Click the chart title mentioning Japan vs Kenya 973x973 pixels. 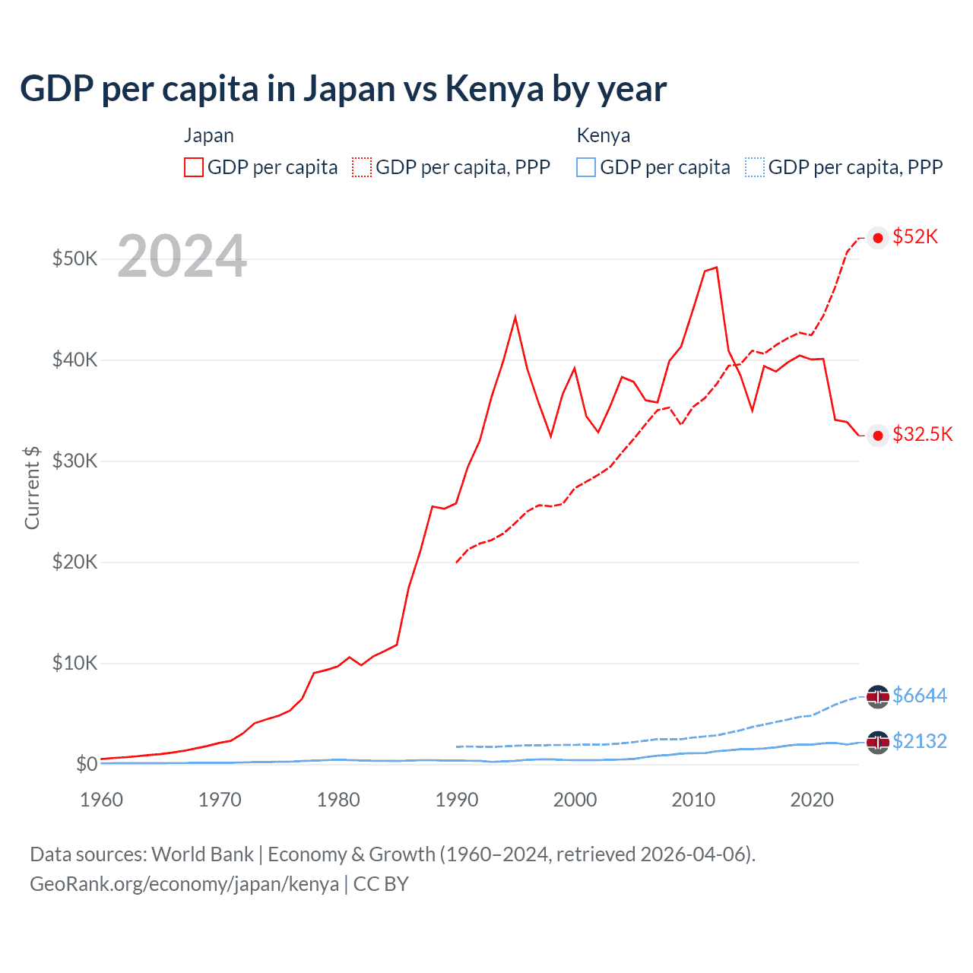pyautogui.click(x=343, y=89)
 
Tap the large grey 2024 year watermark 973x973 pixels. pyautogui.click(x=182, y=256)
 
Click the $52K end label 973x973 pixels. pyautogui.click(x=915, y=236)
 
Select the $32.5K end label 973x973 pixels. pyautogui.click(x=922, y=434)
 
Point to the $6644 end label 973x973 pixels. pyautogui.click(x=920, y=696)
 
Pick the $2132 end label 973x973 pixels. pyautogui.click(x=920, y=741)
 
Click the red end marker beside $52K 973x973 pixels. pyautogui.click(x=878, y=238)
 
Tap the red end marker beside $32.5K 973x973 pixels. pyautogui.click(x=878, y=435)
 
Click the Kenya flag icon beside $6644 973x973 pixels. pyautogui.click(x=878, y=696)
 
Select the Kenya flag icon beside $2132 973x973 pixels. pyautogui.click(x=878, y=742)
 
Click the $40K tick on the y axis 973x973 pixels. pyautogui.click(x=74, y=360)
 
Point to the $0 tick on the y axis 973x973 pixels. pyautogui.click(x=86, y=764)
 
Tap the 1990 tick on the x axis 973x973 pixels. pyautogui.click(x=457, y=800)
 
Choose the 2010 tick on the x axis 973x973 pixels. pyautogui.click(x=693, y=800)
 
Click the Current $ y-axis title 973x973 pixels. pyautogui.click(x=32, y=487)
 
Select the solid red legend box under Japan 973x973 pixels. pyautogui.click(x=194, y=167)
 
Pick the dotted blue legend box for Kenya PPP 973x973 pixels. pyautogui.click(x=755, y=167)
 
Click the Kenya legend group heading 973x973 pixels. pyautogui.click(x=604, y=135)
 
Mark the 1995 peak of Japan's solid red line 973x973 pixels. pyautogui.click(x=515, y=317)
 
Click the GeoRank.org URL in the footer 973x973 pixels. pyautogui.click(x=184, y=884)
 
